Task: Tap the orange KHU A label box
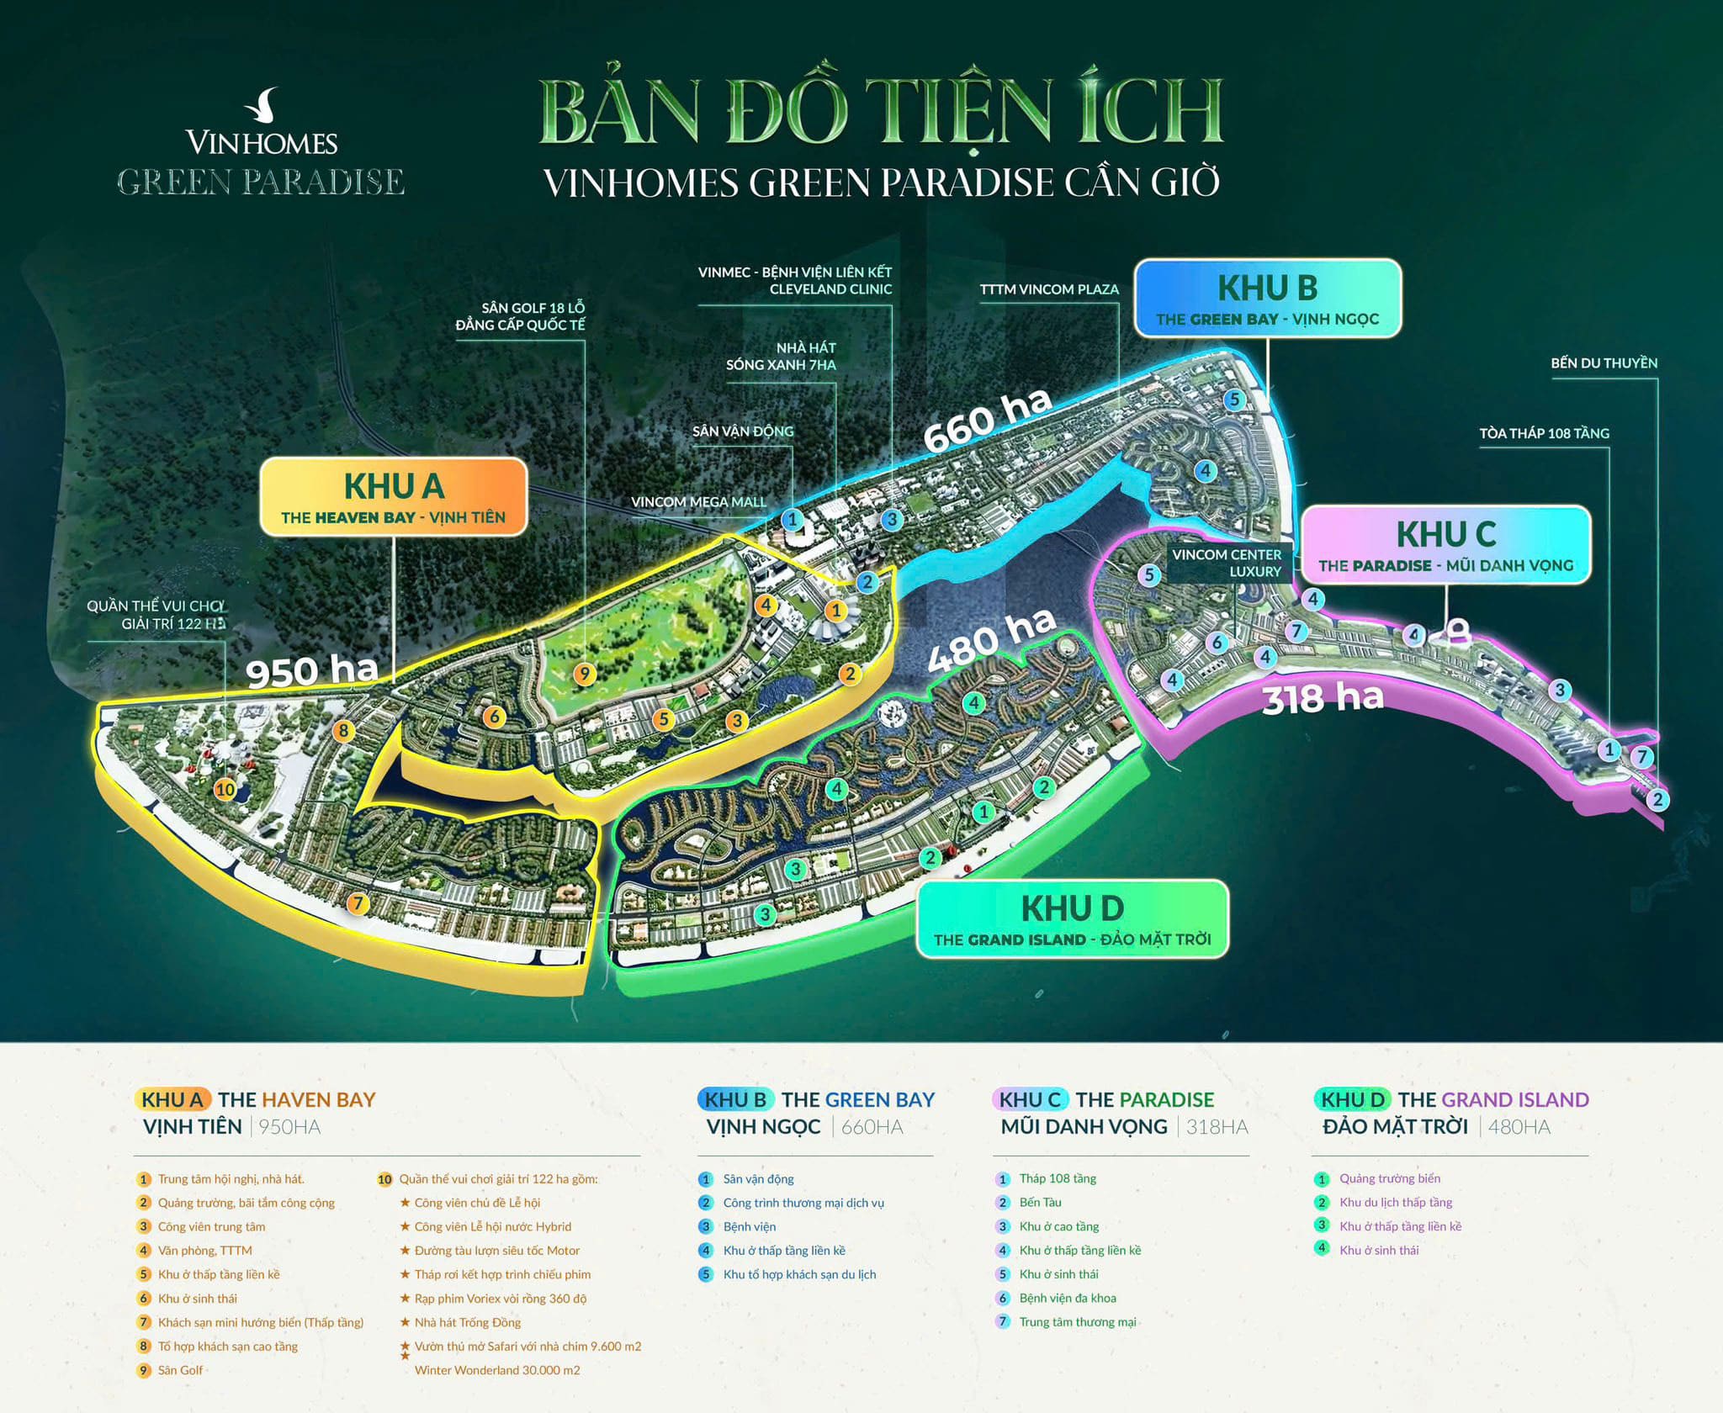(x=393, y=497)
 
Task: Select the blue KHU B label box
(x=1267, y=299)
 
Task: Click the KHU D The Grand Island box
(x=1072, y=918)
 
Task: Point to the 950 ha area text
(x=311, y=671)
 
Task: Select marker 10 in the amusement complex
(x=225, y=790)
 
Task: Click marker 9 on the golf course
(x=584, y=674)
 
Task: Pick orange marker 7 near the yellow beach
(x=358, y=903)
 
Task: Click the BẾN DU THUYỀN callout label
(x=1604, y=363)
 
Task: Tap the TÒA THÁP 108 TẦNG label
(x=1544, y=433)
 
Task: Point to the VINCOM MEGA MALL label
(x=698, y=502)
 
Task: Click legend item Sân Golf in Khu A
(x=180, y=1370)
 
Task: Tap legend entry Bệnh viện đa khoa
(x=1067, y=1298)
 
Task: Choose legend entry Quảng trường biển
(x=1389, y=1178)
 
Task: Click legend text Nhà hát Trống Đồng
(x=467, y=1322)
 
